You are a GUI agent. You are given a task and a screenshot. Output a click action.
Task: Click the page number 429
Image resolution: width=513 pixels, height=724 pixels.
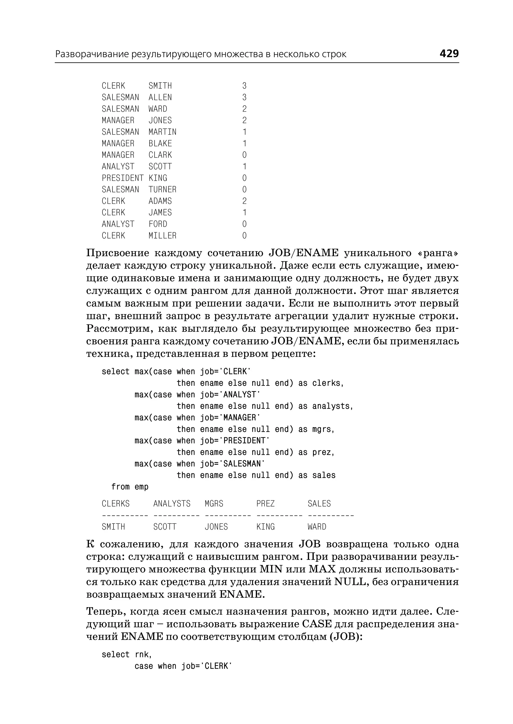pos(449,54)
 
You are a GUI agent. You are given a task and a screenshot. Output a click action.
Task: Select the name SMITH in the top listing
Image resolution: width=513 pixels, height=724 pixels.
pos(160,86)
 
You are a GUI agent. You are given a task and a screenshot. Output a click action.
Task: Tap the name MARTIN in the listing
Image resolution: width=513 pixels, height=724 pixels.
pos(162,132)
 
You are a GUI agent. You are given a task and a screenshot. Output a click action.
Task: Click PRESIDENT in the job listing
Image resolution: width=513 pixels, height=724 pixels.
pos(122,178)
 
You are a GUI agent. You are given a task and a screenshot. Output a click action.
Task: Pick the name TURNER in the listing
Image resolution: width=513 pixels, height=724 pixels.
pos(162,190)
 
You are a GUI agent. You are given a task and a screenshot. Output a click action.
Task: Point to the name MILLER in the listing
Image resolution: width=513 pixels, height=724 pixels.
pos(162,236)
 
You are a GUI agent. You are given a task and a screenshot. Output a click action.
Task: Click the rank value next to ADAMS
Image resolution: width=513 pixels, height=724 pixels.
pos(244,201)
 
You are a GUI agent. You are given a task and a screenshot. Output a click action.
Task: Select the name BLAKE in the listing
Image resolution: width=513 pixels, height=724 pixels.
pos(160,143)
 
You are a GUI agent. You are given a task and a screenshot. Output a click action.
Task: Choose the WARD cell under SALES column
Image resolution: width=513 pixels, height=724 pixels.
pos(317,527)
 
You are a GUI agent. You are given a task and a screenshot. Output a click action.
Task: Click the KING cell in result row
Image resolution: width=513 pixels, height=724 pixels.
pos(265,527)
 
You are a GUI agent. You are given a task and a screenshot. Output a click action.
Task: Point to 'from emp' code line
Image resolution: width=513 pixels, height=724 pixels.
pos(130,487)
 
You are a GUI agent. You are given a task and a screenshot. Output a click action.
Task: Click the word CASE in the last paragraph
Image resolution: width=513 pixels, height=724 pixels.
pos(317,624)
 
